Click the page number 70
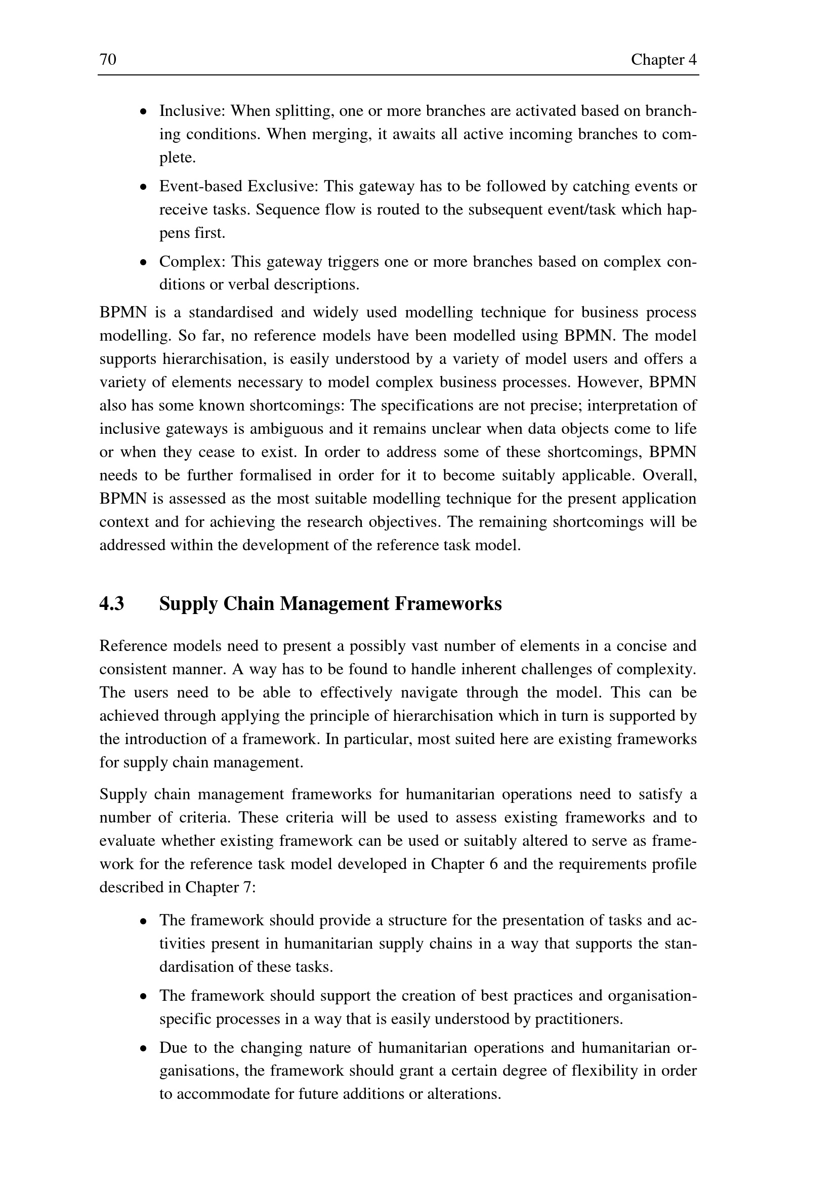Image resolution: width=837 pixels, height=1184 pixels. (x=108, y=60)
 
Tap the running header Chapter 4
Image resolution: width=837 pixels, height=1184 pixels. (x=663, y=60)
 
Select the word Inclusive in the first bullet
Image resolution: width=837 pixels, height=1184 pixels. (x=192, y=111)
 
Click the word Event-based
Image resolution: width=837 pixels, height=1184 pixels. (x=200, y=186)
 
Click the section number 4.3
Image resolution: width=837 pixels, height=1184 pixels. (x=111, y=603)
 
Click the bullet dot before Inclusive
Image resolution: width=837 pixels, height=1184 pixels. (x=144, y=112)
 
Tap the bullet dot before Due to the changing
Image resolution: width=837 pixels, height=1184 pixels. (x=144, y=1048)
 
